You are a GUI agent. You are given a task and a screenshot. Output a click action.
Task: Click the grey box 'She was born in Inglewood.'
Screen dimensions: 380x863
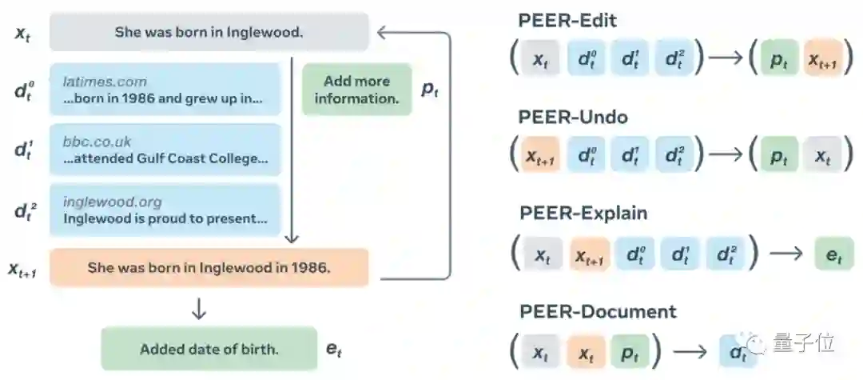click(209, 33)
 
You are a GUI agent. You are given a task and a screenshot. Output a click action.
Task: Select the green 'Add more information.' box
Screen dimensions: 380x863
click(356, 90)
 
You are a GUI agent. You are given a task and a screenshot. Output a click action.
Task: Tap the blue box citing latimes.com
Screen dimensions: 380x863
click(165, 90)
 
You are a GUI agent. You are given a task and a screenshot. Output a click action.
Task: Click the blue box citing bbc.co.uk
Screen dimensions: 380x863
click(165, 150)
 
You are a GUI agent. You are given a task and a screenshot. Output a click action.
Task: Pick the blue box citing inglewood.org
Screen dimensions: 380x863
click(165, 210)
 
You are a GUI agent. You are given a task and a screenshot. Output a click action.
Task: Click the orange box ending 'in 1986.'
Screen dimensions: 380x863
click(209, 267)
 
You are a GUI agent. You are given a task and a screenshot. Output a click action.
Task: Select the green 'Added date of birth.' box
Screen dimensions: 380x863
click(209, 349)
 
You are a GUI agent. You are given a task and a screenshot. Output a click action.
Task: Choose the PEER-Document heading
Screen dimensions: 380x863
click(598, 310)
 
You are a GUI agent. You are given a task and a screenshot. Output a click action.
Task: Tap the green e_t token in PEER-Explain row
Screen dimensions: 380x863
click(833, 254)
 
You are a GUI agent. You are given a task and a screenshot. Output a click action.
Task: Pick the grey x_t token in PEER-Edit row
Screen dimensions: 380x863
click(541, 59)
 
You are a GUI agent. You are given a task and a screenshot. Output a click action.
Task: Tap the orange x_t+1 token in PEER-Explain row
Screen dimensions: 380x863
click(590, 254)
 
